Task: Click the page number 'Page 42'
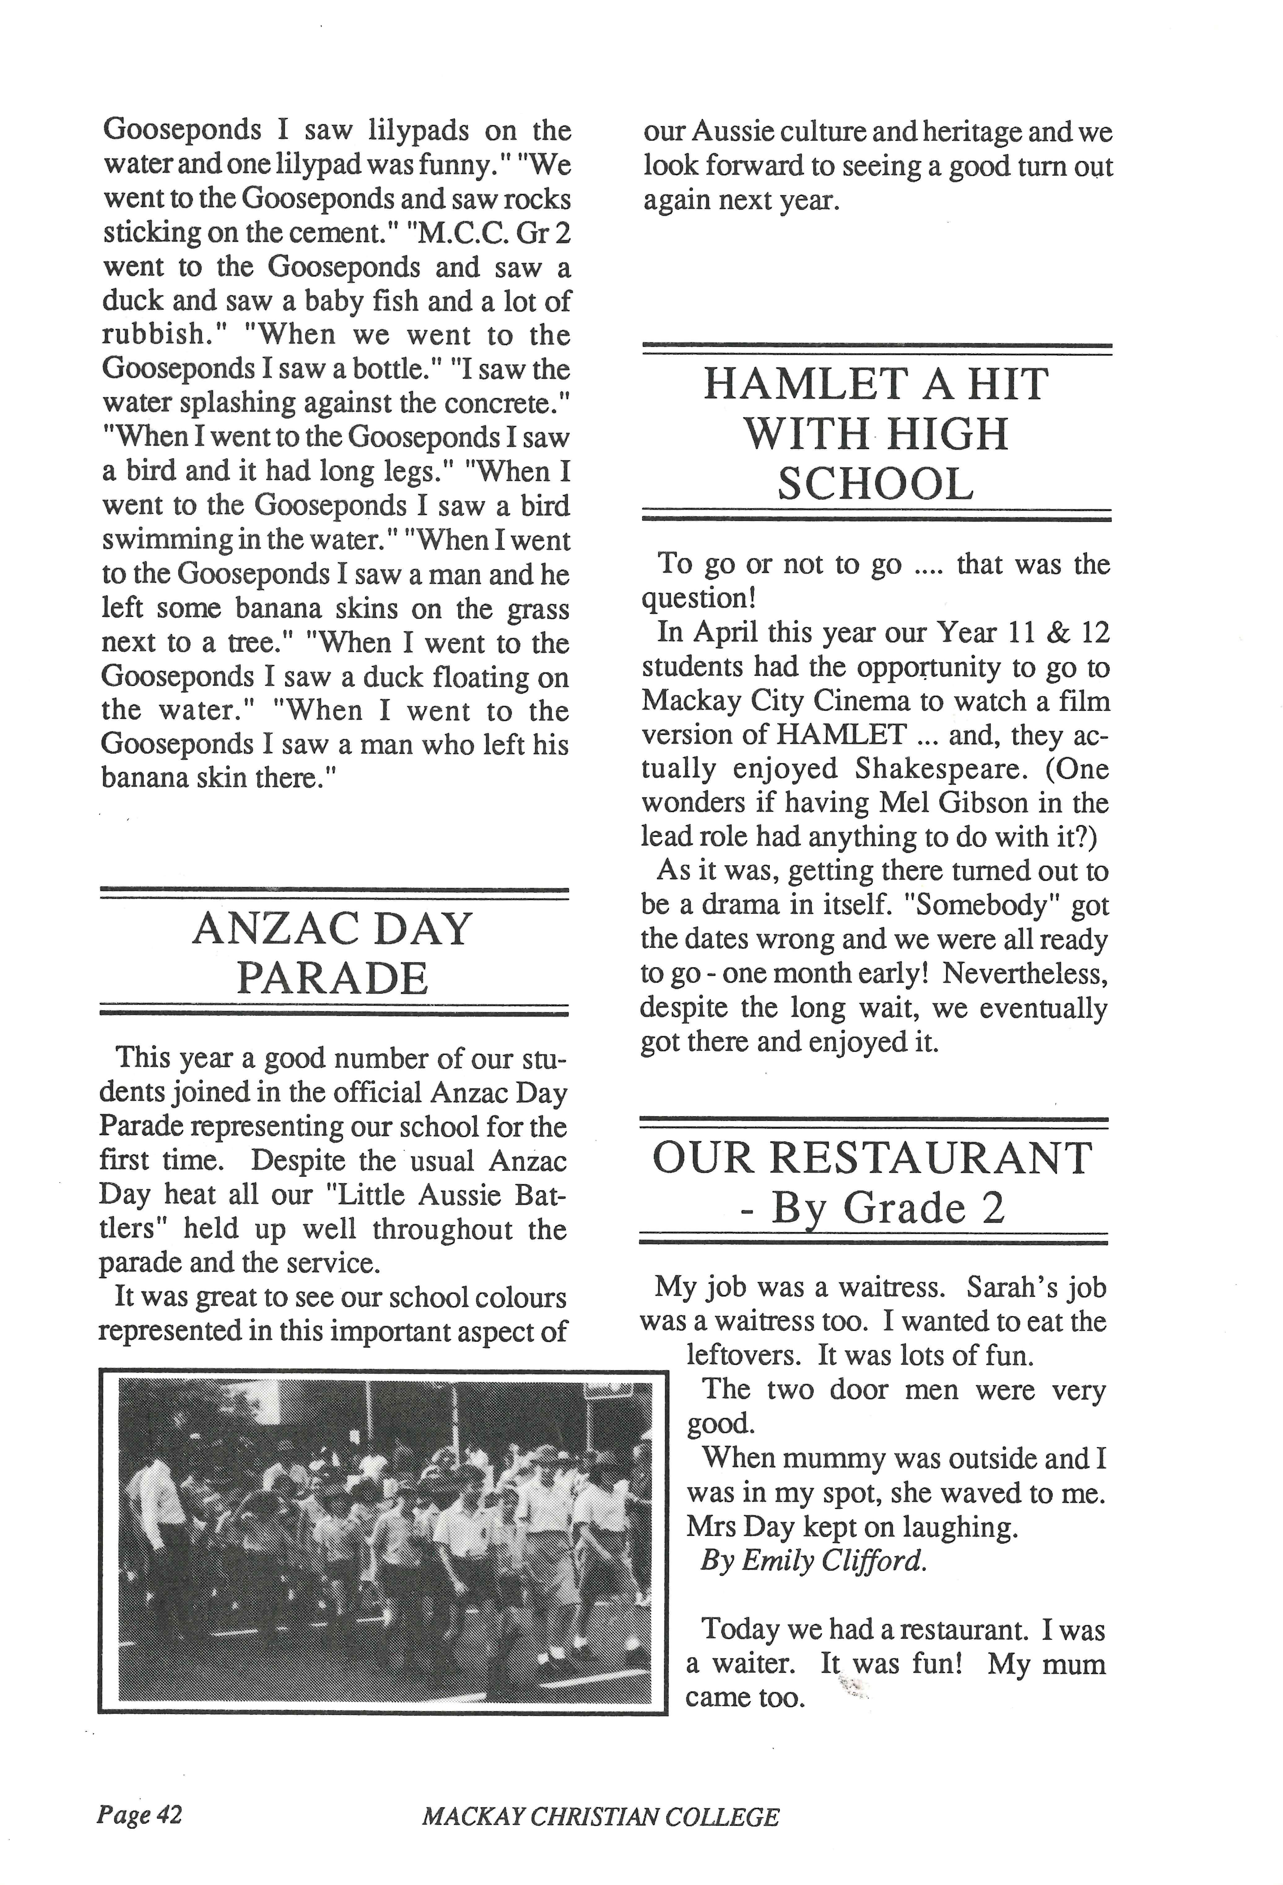click(x=140, y=1814)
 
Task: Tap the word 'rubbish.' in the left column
click(x=152, y=334)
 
